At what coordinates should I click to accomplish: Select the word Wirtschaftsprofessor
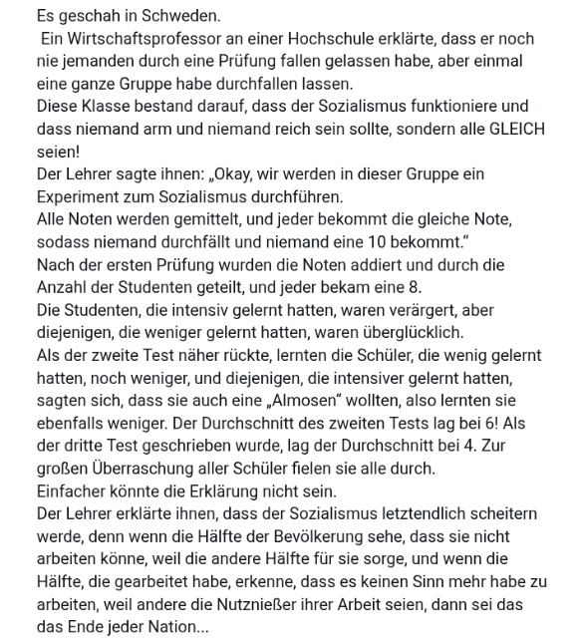142,39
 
